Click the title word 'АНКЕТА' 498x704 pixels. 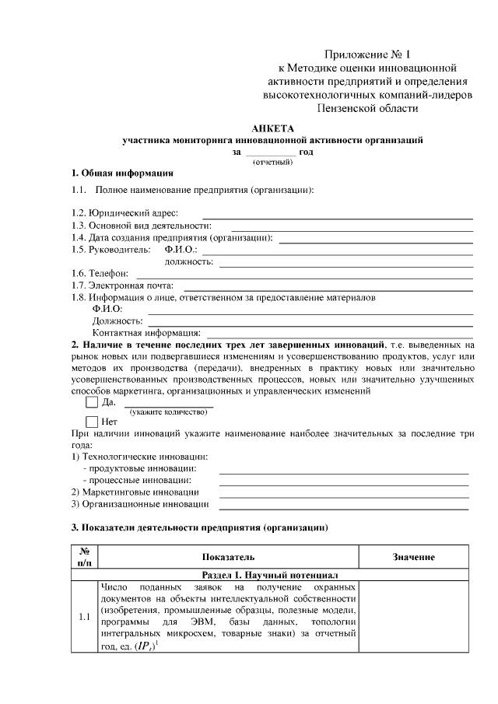point(273,128)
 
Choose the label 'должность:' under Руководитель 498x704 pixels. point(189,262)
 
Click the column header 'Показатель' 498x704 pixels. point(228,557)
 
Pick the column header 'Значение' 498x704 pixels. point(413,557)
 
